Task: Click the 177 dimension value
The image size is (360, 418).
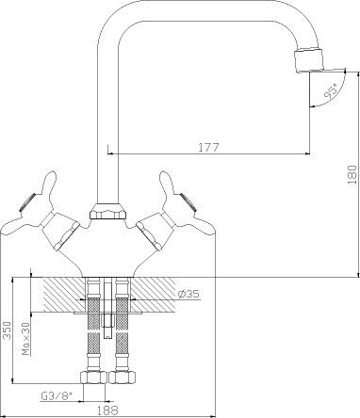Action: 208,147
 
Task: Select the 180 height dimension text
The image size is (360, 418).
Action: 352,174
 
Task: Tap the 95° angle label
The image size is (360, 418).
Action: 331,91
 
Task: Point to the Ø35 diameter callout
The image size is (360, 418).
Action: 188,294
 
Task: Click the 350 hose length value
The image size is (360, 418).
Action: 7,330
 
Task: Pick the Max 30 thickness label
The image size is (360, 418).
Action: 26,339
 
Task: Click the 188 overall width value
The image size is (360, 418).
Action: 107,410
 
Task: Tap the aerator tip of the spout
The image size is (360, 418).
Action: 308,60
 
